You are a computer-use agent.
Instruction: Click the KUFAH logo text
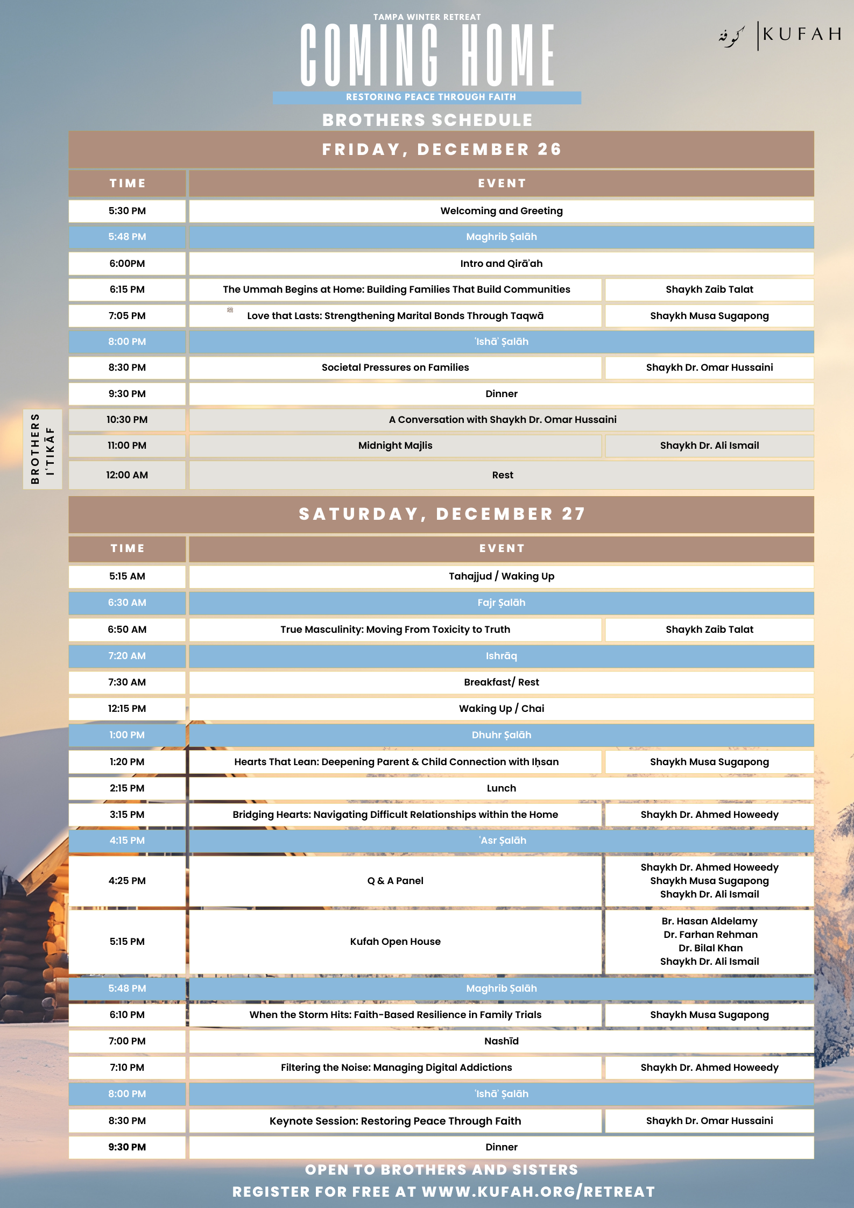(801, 34)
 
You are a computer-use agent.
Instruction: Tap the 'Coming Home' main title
(427, 55)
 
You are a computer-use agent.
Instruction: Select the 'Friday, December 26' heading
(441, 149)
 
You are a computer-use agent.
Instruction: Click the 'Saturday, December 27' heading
(441, 514)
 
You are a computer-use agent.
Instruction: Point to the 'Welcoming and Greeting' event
(501, 211)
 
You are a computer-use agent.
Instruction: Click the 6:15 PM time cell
(127, 289)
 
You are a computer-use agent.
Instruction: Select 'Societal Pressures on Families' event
(395, 368)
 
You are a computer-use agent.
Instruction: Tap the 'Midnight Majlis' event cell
(395, 446)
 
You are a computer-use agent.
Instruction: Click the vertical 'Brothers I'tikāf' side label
(43, 449)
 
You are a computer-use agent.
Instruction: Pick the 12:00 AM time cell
(127, 475)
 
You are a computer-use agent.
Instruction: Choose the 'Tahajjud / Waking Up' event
(501, 576)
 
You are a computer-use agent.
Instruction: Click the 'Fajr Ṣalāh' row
(501, 603)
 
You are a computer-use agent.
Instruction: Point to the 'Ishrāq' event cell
(501, 656)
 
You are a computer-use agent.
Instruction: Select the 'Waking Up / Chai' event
(501, 709)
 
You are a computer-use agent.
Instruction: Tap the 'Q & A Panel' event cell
(395, 881)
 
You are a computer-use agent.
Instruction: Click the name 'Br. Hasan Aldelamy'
(709, 921)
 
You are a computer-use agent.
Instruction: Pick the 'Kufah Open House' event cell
(395, 942)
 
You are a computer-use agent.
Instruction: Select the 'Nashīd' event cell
(501, 1041)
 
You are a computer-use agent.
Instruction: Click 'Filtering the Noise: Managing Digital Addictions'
(396, 1068)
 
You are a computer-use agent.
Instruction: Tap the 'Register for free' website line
(443, 1192)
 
